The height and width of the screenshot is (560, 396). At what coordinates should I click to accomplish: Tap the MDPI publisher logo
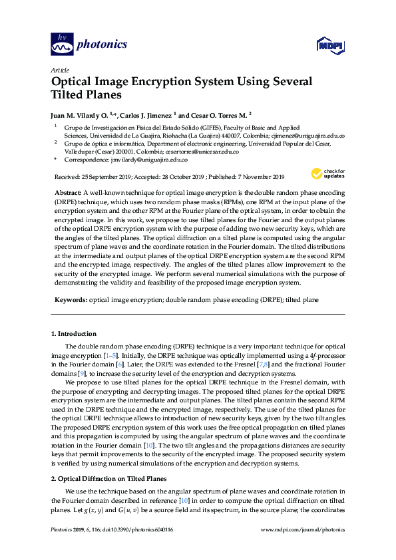329,45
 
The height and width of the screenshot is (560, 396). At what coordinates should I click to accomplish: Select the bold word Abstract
68,192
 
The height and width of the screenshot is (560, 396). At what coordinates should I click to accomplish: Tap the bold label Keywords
70,300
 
